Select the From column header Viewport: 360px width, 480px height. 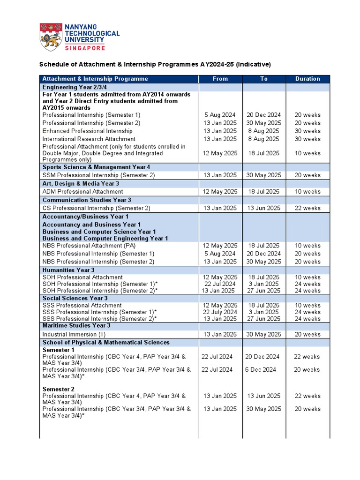(x=220, y=79)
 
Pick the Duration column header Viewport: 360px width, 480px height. (x=307, y=79)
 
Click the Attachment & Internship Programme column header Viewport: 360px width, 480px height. (x=95, y=79)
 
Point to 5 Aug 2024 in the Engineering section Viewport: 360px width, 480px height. (x=220, y=115)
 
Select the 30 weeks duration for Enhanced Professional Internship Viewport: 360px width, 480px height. (x=307, y=131)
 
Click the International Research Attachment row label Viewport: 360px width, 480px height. (x=89, y=139)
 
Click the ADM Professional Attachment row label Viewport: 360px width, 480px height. (x=83, y=191)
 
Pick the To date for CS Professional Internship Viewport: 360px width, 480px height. (x=264, y=208)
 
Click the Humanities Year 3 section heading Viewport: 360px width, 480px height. (x=68, y=270)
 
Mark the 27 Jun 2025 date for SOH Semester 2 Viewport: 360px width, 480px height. (x=264, y=291)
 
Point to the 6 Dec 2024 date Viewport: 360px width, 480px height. (x=261, y=369)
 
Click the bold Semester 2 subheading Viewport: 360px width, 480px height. (x=59, y=389)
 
